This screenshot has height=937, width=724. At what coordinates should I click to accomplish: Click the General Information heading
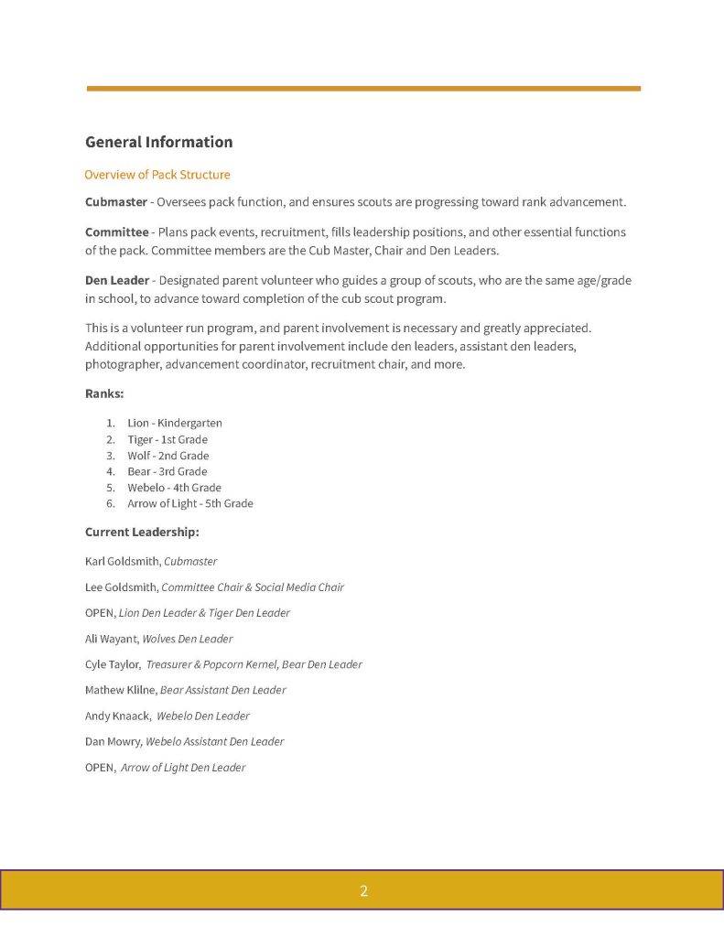[158, 142]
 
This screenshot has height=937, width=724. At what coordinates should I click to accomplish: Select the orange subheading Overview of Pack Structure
[157, 175]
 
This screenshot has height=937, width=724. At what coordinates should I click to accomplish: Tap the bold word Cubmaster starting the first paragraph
[116, 201]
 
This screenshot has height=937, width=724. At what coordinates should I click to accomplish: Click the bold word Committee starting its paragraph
[116, 232]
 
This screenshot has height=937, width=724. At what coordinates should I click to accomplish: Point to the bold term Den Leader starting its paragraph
[116, 280]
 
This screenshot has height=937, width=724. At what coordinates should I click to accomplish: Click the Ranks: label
[104, 393]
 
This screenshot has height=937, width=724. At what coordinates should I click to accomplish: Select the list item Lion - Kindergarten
[174, 423]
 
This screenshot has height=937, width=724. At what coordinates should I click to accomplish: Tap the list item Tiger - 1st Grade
[167, 439]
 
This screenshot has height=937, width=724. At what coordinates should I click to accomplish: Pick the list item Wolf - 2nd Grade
[167, 456]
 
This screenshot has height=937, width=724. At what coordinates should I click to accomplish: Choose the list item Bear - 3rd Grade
[167, 471]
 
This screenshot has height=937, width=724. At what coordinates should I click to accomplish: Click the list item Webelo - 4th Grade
[174, 488]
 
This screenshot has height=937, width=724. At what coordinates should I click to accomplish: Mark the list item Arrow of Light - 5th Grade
[189, 503]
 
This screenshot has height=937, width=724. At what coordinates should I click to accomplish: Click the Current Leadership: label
[142, 532]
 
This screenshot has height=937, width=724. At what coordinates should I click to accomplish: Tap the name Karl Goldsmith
[122, 561]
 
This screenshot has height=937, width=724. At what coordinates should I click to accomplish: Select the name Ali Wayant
[111, 639]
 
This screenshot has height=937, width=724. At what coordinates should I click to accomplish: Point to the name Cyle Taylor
[112, 664]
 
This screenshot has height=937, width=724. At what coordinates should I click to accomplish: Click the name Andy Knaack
[117, 716]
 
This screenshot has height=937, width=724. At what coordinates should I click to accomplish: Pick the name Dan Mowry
[113, 741]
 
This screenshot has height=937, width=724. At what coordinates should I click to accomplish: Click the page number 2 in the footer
[363, 890]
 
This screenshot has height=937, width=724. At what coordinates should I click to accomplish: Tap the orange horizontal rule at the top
[363, 89]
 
